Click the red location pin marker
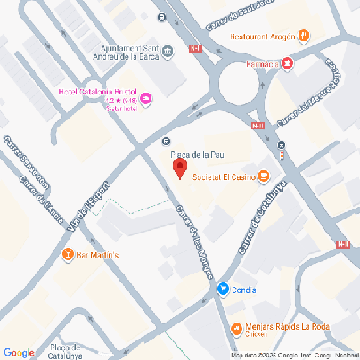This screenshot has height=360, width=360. [x=179, y=168]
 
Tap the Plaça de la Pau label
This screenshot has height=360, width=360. [x=197, y=153]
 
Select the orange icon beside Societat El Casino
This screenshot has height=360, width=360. [x=264, y=175]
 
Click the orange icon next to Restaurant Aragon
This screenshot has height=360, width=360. [x=304, y=37]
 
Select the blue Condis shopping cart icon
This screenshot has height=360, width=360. [x=223, y=289]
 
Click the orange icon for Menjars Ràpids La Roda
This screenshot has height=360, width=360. [x=234, y=327]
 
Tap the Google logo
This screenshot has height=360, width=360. [x=19, y=352]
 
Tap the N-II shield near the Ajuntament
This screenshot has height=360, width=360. [x=194, y=48]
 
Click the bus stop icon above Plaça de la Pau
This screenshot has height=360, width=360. [x=166, y=141]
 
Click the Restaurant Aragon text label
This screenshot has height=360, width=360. [x=263, y=37]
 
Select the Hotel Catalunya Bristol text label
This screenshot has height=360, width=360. [x=97, y=93]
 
